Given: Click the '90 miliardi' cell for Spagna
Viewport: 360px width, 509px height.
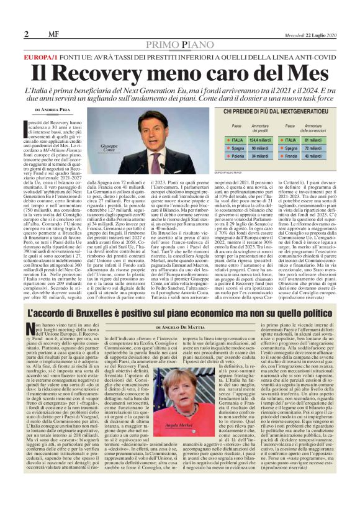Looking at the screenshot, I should click(245, 149).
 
